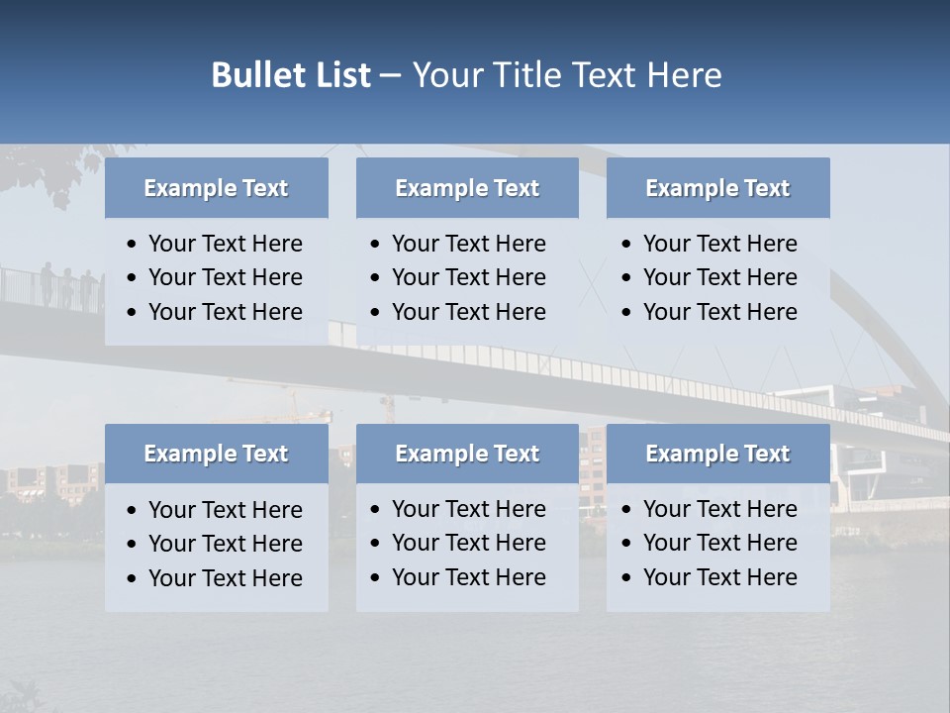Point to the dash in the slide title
(390, 75)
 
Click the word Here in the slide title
(683, 75)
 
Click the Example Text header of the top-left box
(216, 188)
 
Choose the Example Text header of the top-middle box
(467, 188)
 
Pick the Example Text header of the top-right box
(717, 188)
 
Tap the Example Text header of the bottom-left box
(216, 454)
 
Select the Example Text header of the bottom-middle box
(467, 454)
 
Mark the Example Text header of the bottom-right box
(717, 454)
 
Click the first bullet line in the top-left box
(225, 244)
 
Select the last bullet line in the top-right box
(719, 312)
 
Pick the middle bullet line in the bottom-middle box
(468, 543)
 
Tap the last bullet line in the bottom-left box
(225, 578)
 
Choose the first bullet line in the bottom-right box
(719, 509)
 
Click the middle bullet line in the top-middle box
(468, 277)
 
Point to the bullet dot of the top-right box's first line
(626, 245)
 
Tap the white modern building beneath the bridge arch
(871, 465)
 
